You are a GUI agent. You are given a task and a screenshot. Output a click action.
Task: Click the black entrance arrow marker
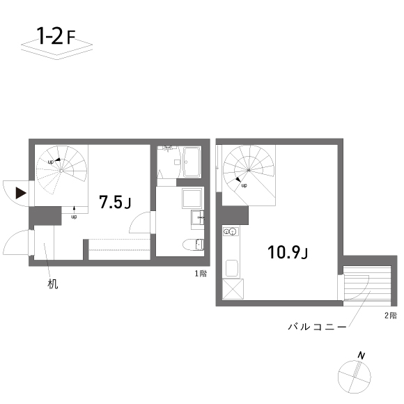coord(22,192)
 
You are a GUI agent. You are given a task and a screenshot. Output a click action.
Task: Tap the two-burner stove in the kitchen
coord(231,232)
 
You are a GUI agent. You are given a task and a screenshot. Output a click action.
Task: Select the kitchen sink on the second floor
coord(231,267)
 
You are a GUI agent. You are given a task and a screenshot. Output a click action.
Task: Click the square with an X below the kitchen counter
coord(231,288)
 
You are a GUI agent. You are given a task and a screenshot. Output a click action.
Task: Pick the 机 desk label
coord(53,284)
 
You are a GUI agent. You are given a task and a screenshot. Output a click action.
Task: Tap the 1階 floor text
coord(200,273)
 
